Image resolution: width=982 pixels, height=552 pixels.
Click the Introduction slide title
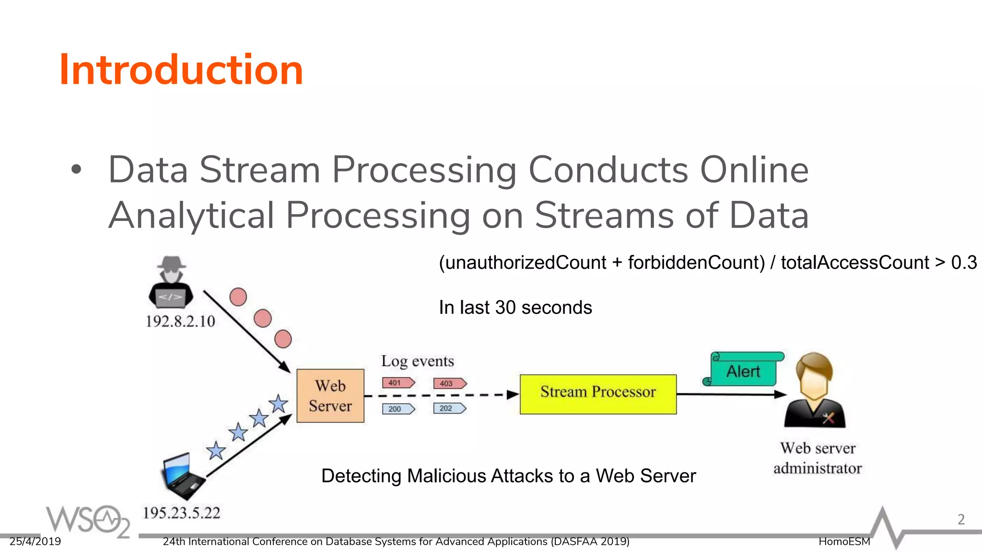(x=181, y=70)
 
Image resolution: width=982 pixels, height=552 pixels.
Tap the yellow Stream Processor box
(x=598, y=394)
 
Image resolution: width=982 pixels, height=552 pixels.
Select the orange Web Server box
(x=330, y=396)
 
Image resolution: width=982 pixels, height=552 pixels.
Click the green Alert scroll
(x=744, y=370)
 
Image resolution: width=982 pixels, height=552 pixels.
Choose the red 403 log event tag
(x=449, y=383)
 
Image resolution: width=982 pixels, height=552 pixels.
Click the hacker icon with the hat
(x=171, y=283)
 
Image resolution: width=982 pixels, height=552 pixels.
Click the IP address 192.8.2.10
(x=180, y=321)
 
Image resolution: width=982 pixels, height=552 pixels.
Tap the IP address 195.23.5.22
(x=181, y=513)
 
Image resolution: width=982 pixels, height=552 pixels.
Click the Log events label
(x=417, y=361)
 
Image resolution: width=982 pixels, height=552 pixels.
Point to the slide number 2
(x=961, y=519)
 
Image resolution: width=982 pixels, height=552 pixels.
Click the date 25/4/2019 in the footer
(x=35, y=541)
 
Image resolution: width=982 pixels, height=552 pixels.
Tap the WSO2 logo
(x=88, y=520)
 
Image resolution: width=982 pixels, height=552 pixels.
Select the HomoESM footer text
(x=844, y=541)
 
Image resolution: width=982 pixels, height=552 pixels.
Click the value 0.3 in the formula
(x=964, y=263)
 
